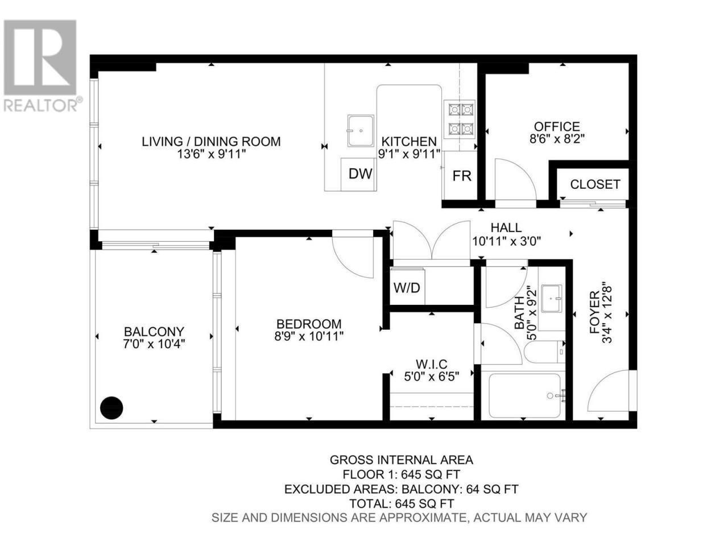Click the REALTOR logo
point(41,65)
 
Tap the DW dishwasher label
point(360,173)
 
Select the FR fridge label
point(462,176)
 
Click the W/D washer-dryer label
point(406,287)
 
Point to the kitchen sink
point(360,131)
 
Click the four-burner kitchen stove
point(460,119)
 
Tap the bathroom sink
point(551,299)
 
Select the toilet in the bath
point(544,351)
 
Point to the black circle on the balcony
point(111,408)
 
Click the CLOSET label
point(595,184)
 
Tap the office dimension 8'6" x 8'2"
point(557,138)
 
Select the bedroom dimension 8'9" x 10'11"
point(308,337)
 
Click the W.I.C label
point(432,365)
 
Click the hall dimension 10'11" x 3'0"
point(506,241)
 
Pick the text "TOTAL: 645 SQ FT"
point(402,504)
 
